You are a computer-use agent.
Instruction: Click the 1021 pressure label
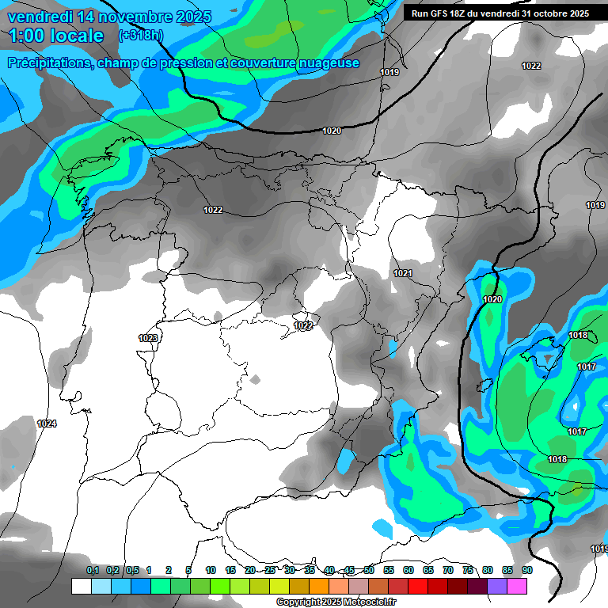[403, 273]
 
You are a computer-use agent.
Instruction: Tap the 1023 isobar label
[148, 338]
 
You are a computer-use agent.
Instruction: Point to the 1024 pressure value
[47, 424]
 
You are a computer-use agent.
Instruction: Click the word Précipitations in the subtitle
[49, 63]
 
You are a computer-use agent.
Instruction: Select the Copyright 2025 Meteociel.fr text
[336, 602]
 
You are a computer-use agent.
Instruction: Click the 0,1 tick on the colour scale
[92, 570]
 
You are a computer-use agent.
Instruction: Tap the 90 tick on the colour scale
[527, 570]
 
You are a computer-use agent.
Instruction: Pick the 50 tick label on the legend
[369, 570]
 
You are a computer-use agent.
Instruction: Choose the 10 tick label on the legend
[211, 570]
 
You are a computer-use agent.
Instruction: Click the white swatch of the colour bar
[81, 586]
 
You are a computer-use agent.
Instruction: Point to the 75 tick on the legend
[468, 570]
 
